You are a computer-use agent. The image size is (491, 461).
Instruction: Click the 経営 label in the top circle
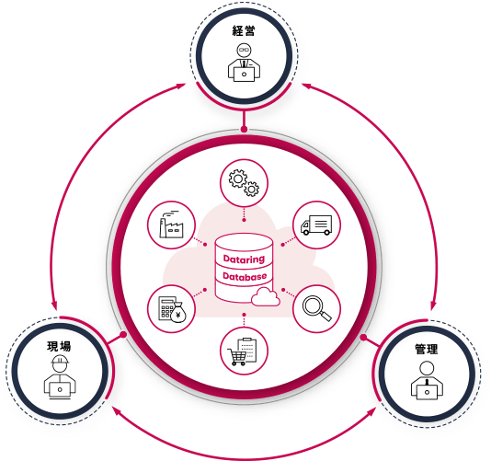[244, 30]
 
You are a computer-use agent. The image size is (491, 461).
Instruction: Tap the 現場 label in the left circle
[59, 346]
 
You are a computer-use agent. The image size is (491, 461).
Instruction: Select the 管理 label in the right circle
[427, 349]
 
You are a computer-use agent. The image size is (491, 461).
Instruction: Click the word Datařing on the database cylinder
[244, 259]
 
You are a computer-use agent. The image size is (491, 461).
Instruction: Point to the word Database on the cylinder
[245, 276]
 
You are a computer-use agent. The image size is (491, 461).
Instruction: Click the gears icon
[244, 183]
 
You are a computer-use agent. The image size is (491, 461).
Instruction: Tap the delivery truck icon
[316, 225]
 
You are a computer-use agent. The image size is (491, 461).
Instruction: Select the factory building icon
[171, 225]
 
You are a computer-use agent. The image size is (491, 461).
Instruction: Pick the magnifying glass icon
[316, 308]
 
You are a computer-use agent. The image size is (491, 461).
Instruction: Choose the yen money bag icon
[178, 313]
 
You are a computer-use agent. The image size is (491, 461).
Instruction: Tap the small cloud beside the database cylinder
[265, 297]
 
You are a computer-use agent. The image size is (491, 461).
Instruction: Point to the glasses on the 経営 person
[244, 50]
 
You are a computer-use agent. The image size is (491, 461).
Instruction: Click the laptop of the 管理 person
[427, 392]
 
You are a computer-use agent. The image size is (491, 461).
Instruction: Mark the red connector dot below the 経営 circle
[244, 129]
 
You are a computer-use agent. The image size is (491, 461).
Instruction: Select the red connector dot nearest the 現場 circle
[124, 335]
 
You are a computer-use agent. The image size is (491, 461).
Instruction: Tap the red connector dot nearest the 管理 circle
[363, 337]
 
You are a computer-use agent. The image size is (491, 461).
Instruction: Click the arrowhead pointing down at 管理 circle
[433, 305]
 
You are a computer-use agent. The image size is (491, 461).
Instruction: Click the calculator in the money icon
[166, 308]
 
